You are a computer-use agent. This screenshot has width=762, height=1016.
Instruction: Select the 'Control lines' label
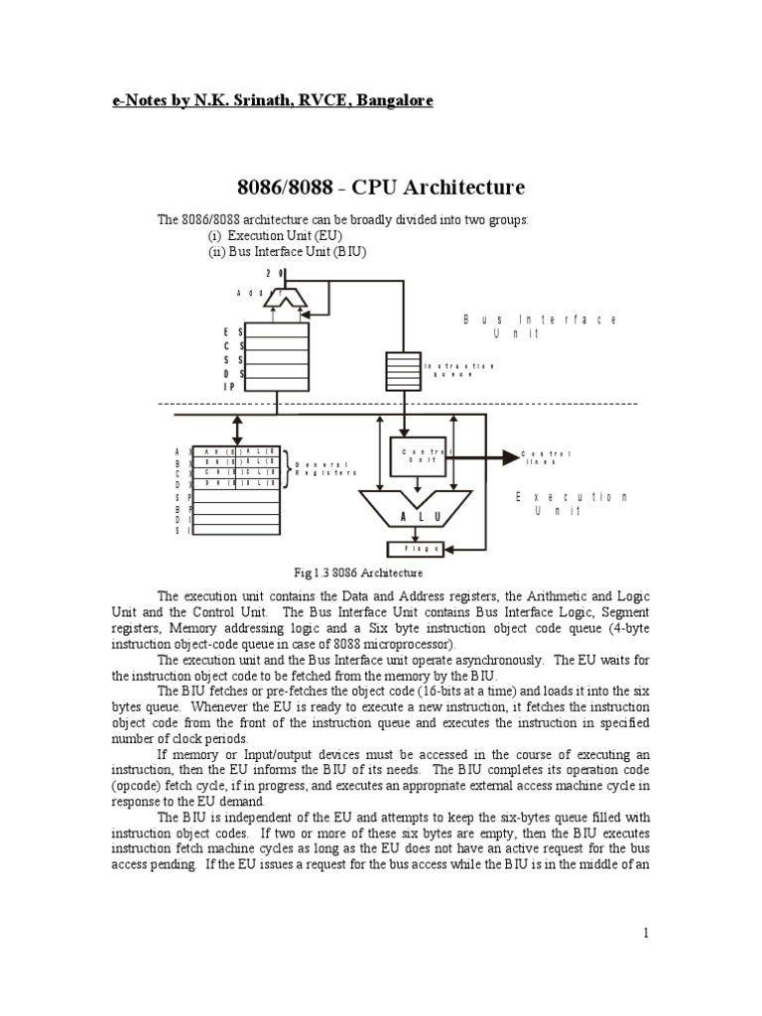click(547, 458)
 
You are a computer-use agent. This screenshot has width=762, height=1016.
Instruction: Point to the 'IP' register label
click(229, 386)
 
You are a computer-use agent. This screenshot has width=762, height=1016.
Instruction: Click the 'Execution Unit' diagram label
click(572, 503)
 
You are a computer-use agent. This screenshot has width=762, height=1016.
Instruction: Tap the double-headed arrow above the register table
click(236, 430)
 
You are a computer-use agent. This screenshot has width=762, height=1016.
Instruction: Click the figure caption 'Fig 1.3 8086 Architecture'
click(359, 572)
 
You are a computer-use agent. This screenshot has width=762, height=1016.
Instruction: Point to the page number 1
click(645, 933)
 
